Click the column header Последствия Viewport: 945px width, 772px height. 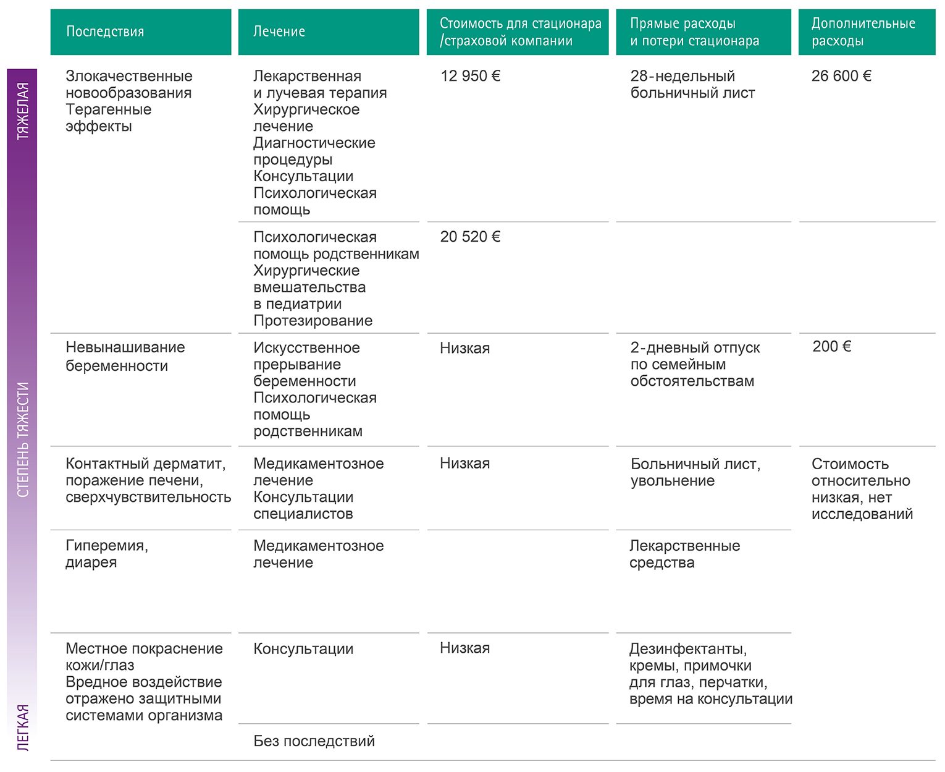coord(105,32)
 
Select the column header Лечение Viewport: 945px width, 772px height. coord(279,32)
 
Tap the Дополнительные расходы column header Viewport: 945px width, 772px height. coord(863,32)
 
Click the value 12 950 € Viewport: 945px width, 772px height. coord(470,76)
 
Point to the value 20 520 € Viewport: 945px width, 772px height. coord(470,237)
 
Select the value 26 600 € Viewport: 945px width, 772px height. coord(841,76)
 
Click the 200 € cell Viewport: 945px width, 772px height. coord(831,347)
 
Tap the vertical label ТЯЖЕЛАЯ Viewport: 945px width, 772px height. coord(23,111)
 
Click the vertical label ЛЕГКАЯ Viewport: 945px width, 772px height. coord(23,727)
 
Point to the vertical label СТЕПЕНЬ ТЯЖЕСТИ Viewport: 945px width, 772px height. coord(23,439)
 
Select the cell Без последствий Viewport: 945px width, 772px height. coord(314,741)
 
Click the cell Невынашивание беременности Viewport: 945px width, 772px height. coord(125,357)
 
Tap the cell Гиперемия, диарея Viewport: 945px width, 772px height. coord(107,554)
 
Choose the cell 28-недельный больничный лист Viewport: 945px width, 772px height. coord(692,85)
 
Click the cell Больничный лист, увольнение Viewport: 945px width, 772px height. coord(695,472)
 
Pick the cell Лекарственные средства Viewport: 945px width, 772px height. coord(684,554)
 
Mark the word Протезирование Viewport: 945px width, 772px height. coord(313,321)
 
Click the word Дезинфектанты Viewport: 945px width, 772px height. coord(688,649)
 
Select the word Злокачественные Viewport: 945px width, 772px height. coord(129,76)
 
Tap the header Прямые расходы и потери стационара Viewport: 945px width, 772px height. coord(694,32)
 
